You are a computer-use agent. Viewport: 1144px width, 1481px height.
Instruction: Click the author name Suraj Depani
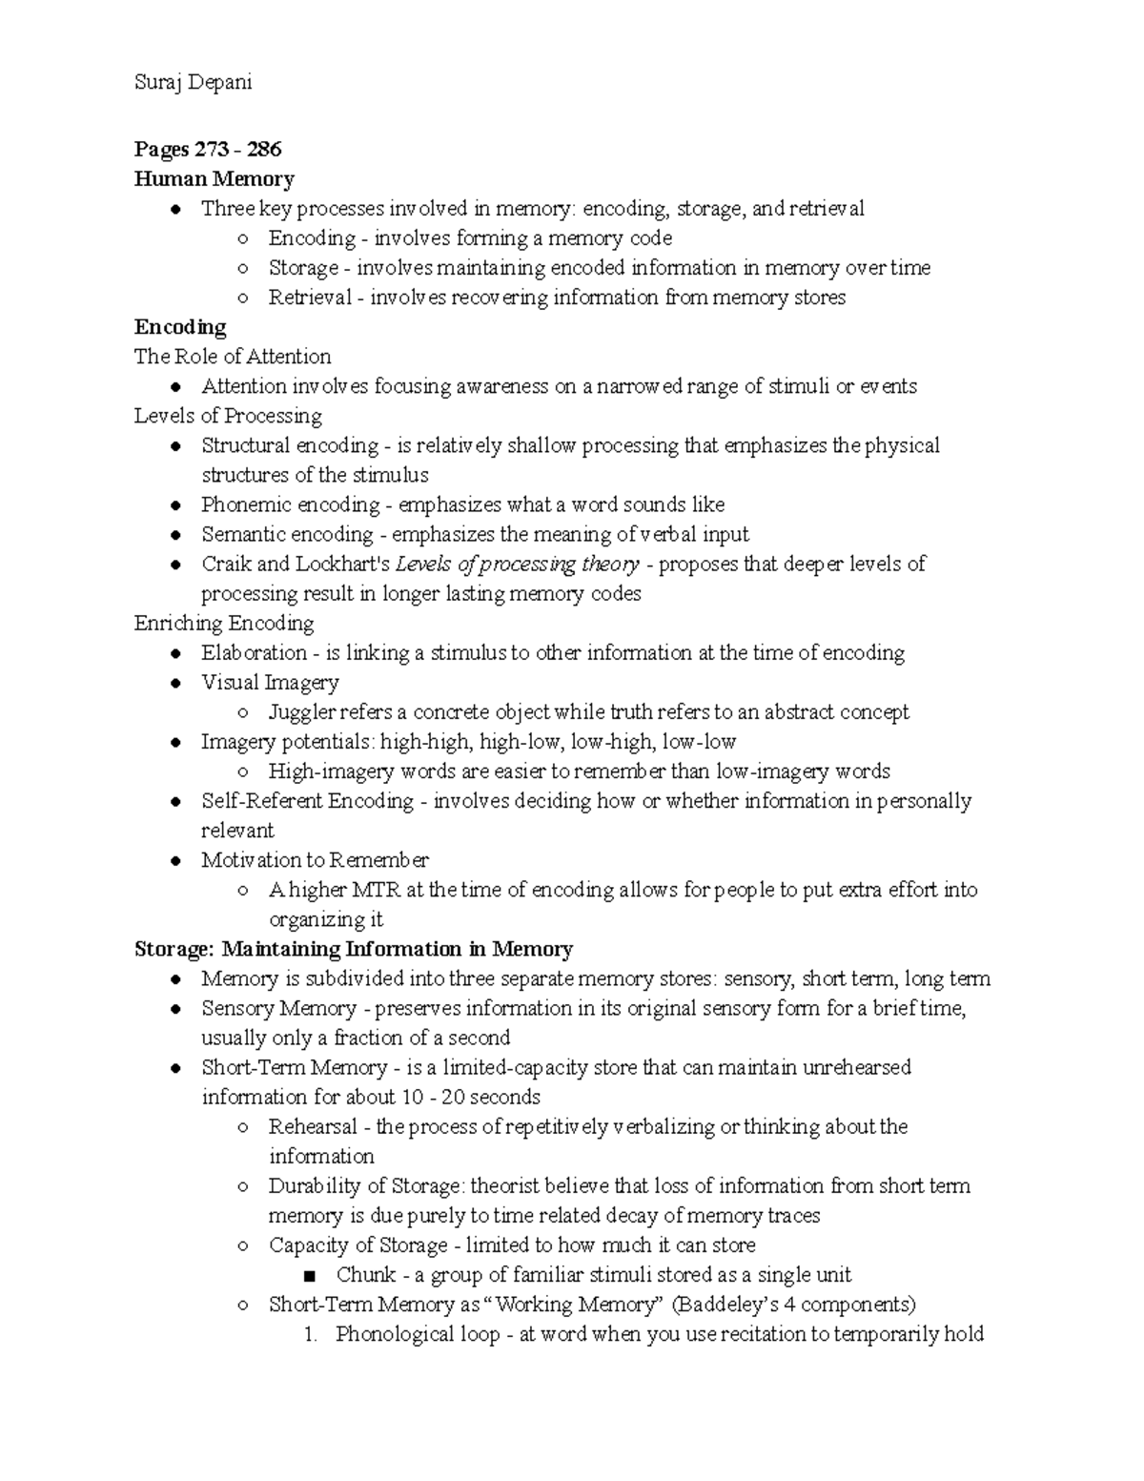(193, 82)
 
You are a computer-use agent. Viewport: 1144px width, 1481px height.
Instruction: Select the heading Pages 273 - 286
(208, 149)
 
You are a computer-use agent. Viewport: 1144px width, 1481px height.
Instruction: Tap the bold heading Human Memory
(214, 178)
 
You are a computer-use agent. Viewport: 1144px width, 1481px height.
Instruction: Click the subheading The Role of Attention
(233, 357)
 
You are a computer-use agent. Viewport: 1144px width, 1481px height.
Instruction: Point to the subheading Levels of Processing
(228, 416)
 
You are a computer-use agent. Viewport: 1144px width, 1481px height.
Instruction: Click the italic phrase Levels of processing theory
(517, 564)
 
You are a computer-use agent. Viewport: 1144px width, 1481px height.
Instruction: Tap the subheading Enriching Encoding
(224, 624)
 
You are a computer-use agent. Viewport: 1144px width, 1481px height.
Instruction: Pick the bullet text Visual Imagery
(270, 683)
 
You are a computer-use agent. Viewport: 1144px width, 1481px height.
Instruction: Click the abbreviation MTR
(377, 890)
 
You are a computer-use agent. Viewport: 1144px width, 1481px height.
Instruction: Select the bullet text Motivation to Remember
(315, 860)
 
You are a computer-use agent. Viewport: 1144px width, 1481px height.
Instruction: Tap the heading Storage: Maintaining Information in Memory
(354, 949)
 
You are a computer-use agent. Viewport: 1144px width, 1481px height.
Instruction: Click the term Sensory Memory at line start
(278, 1008)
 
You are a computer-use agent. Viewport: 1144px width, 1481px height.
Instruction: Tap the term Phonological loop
(418, 1334)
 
